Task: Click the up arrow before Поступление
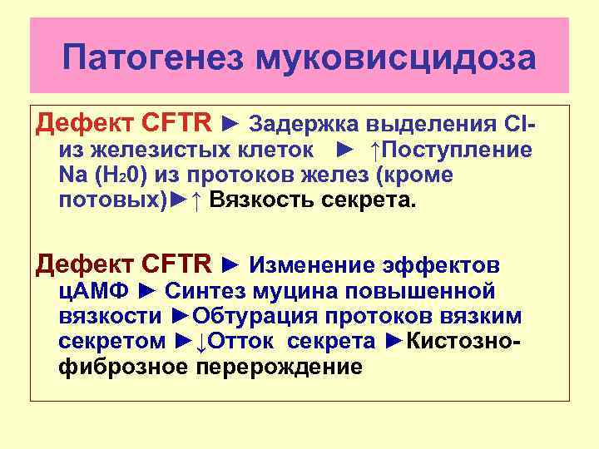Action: [376, 150]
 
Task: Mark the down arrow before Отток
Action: [201, 342]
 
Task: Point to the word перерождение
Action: [280, 367]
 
